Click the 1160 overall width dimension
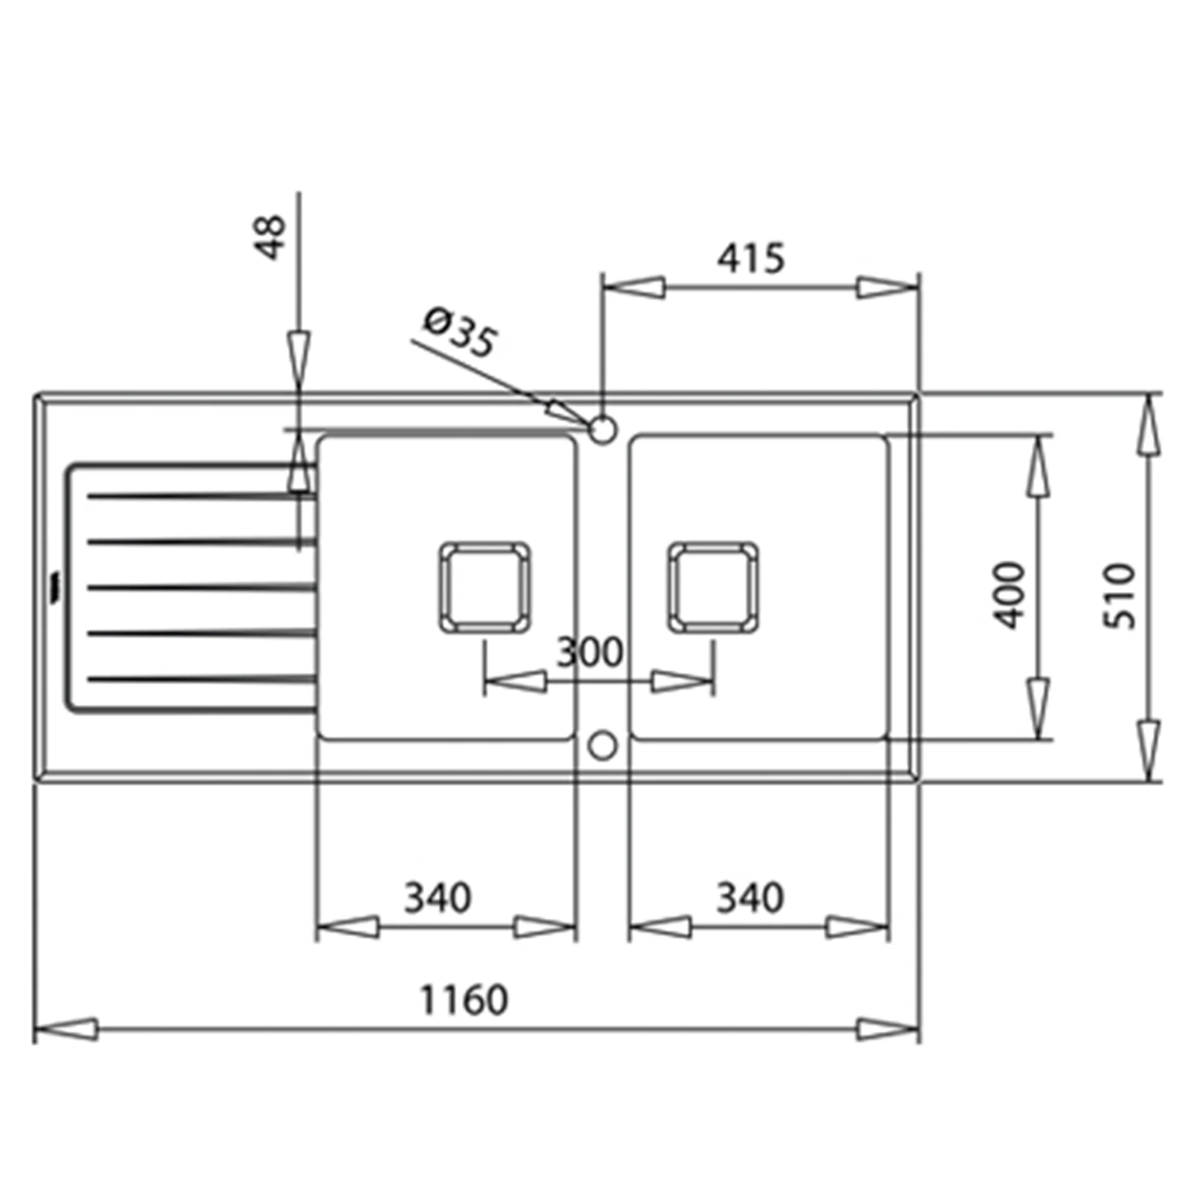[464, 999]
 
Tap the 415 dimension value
[750, 257]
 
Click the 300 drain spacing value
[590, 653]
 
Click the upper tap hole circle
[603, 430]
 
